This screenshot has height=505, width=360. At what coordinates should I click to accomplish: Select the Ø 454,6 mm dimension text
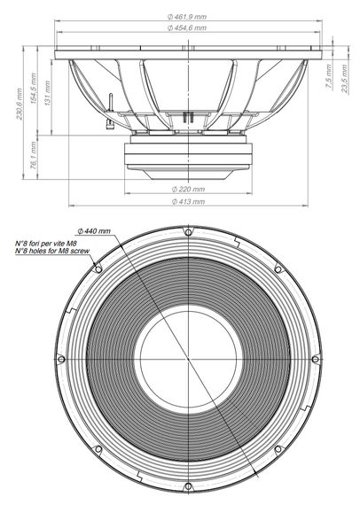[x=188, y=29]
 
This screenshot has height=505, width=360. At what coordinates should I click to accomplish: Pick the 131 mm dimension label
[x=48, y=95]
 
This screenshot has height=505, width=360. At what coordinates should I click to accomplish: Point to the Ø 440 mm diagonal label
[x=95, y=230]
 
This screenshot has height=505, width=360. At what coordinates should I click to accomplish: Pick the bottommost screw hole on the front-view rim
[x=187, y=486]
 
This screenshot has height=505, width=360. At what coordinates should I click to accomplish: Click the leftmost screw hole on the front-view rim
[x=59, y=358]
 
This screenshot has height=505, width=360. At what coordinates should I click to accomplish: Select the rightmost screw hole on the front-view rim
[x=315, y=358]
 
